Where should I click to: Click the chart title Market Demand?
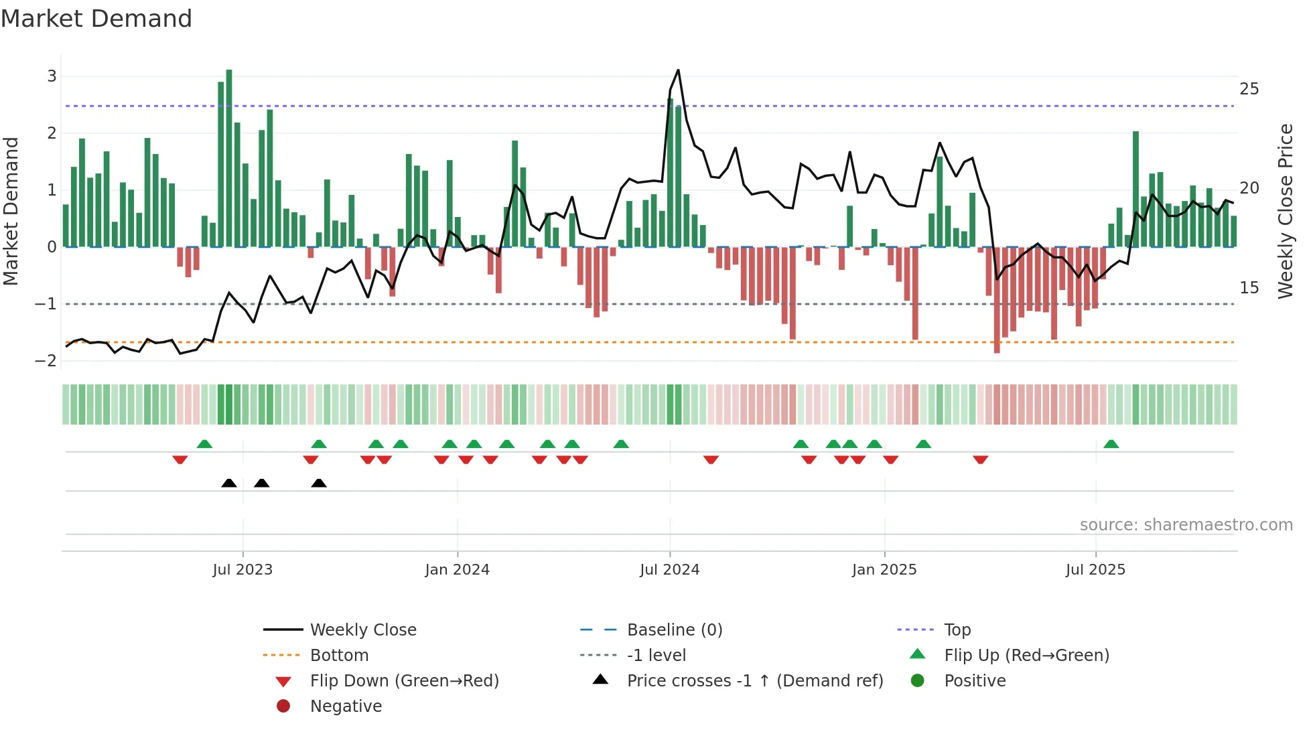point(96,18)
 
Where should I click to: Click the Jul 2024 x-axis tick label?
point(669,570)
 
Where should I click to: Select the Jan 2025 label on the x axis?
point(884,570)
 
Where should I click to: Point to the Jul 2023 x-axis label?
point(243,570)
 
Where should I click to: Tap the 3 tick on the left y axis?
point(52,76)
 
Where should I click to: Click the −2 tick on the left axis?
point(46,361)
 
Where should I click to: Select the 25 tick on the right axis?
point(1249,89)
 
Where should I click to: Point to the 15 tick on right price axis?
point(1249,288)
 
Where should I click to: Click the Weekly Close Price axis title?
point(1285,211)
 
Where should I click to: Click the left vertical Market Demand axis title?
point(11,211)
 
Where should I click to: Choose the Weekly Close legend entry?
point(362,630)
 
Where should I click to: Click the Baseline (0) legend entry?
point(674,630)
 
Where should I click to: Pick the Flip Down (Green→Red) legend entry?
point(404,681)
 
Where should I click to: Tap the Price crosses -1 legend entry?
point(754,681)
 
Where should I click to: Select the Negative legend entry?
point(346,707)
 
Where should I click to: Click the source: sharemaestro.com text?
point(1186,525)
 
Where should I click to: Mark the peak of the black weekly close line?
point(678,70)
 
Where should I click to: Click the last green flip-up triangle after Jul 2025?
point(1111,444)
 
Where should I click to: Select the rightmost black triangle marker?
point(319,483)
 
